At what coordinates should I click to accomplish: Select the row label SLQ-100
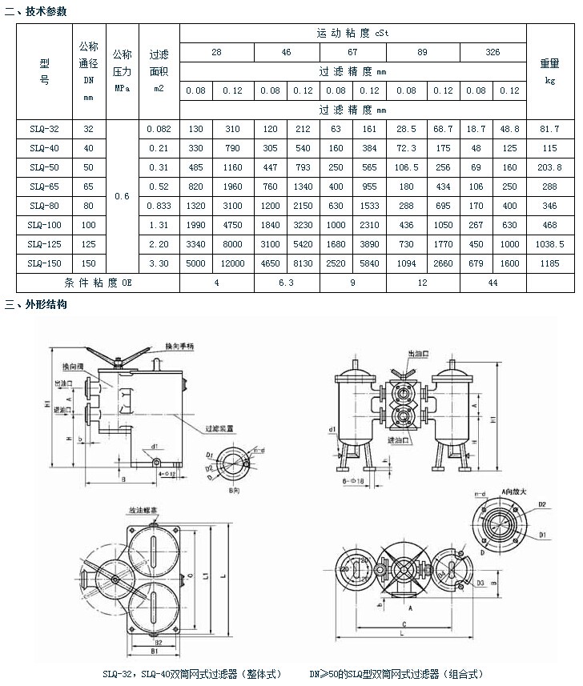click(x=44, y=226)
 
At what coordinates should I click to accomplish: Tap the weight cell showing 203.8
click(x=549, y=167)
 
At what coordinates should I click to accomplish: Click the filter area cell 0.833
click(x=159, y=207)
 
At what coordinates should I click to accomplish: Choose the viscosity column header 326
click(x=492, y=52)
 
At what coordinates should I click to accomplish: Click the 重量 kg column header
click(x=549, y=71)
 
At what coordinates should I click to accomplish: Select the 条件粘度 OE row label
click(x=98, y=283)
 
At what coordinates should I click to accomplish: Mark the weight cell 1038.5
click(x=549, y=245)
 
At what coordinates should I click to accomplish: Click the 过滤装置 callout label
click(x=219, y=429)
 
